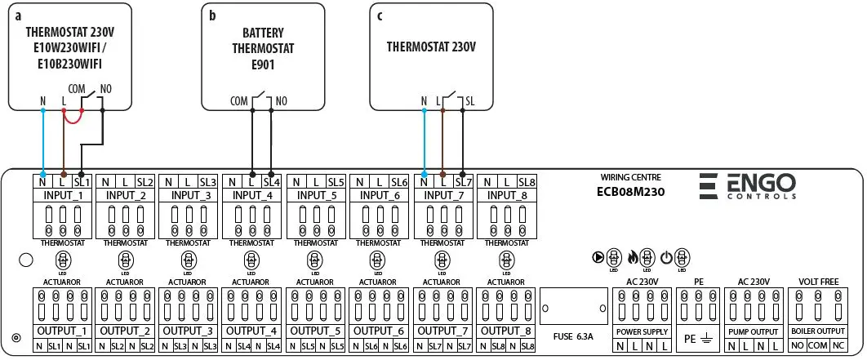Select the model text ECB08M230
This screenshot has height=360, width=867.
pos(630,193)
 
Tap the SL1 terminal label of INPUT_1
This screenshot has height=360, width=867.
pos(80,181)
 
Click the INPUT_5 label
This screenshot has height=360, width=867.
pos(316,196)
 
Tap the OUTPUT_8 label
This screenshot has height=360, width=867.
pos(507,331)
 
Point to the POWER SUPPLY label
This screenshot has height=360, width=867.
pos(642,333)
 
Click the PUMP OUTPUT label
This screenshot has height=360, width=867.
pos(753,333)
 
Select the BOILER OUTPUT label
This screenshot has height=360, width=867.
pos(817,333)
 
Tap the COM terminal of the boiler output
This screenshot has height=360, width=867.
pos(817,346)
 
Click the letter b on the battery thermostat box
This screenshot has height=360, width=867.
pos(212,15)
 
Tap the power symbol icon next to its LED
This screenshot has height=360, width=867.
pos(666,256)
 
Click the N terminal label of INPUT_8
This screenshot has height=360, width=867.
pos(487,181)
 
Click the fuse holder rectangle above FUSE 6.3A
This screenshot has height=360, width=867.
pos(574,307)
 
